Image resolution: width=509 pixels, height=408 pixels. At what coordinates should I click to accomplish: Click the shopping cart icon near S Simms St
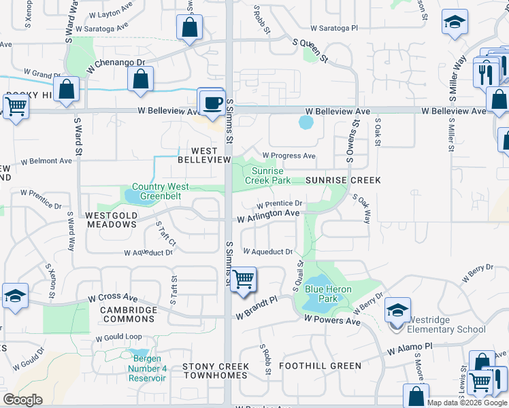click(243, 279)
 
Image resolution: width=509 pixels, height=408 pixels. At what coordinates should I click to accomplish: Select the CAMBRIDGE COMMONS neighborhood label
click(129, 314)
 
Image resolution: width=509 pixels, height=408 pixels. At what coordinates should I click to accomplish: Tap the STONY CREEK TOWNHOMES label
click(216, 371)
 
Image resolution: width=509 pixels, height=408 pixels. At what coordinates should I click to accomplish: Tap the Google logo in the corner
click(22, 400)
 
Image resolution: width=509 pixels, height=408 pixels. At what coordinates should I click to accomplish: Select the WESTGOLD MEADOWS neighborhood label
click(112, 220)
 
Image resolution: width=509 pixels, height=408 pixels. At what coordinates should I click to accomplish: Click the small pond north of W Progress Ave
click(306, 123)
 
